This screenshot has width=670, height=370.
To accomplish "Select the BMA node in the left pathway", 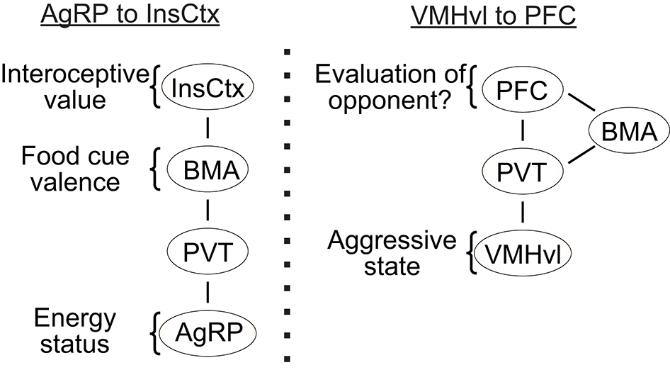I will [x=208, y=171].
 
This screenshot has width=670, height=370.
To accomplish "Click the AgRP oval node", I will [x=208, y=331].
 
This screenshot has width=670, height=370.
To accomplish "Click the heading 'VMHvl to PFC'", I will [x=494, y=16].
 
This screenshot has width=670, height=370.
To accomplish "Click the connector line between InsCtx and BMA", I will [x=208, y=130].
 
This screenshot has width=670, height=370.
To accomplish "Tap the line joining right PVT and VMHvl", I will [x=523, y=212].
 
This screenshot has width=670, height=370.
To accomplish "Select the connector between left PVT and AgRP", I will [x=208, y=290].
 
